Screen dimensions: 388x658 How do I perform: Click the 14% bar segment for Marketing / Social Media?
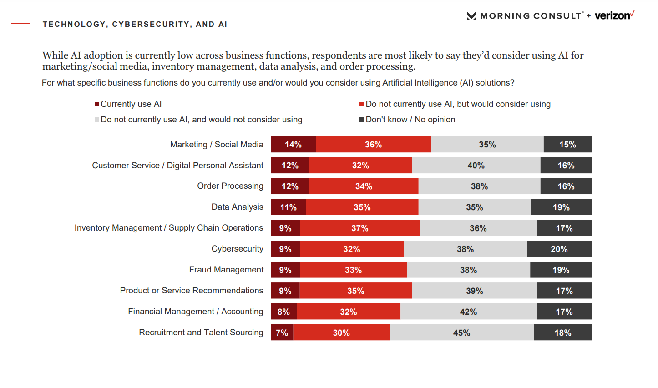293,145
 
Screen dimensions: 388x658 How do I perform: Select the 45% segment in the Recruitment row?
461,333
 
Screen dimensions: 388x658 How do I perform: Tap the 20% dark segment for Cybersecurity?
559,249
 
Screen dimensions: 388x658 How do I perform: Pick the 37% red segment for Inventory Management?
359,228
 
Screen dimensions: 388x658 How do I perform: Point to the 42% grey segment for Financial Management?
468,312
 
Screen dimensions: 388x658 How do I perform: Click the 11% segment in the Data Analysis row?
289,207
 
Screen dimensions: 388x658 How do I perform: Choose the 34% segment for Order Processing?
364,186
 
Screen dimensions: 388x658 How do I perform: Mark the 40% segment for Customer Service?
476,166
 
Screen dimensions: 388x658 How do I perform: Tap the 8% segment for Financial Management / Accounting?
283,312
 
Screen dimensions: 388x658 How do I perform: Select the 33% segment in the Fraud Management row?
353,270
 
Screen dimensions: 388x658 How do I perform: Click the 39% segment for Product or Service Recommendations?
475,291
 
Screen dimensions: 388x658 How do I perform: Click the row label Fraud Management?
226,270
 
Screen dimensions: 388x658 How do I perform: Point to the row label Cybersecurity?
237,249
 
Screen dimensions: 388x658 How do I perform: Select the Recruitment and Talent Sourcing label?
201,333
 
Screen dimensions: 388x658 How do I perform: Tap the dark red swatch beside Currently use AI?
97,104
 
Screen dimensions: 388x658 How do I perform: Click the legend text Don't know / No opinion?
410,120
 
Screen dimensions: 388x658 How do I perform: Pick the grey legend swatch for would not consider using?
97,120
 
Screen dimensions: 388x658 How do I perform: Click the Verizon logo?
614,15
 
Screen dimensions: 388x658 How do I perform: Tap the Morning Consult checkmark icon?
471,16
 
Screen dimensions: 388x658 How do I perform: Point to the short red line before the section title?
20,24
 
